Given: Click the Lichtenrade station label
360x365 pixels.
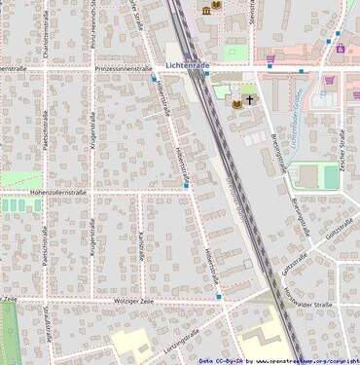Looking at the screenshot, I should click(188, 65).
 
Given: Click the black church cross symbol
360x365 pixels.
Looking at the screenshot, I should click(249, 99).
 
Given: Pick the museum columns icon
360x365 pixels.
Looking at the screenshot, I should click(206, 10).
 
